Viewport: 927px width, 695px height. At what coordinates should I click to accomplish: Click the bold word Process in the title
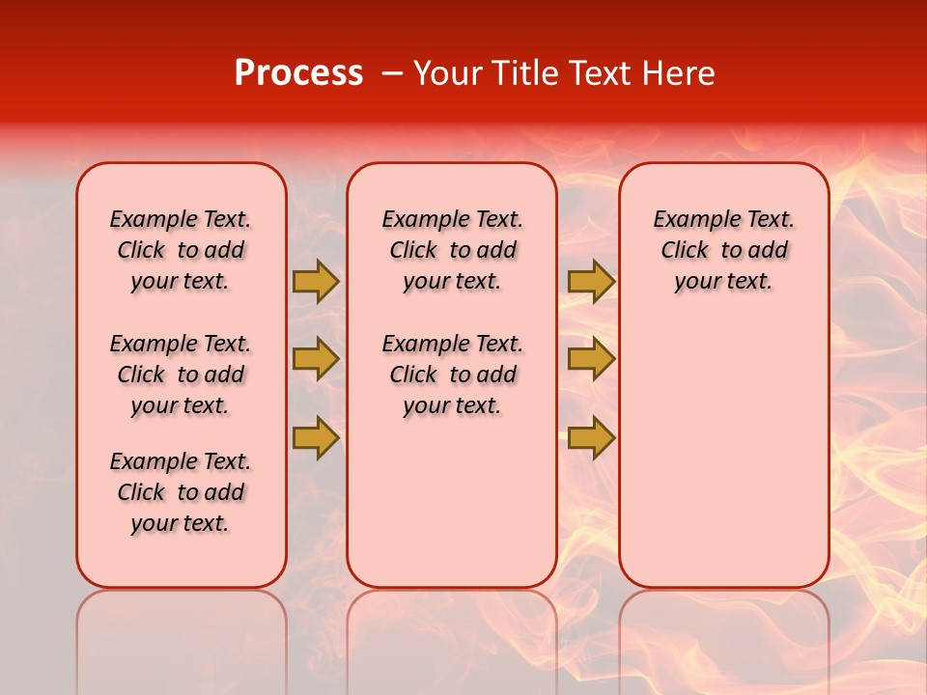(x=298, y=73)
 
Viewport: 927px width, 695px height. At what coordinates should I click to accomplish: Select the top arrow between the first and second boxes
(x=316, y=281)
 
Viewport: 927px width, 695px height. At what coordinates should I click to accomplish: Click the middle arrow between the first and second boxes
(x=316, y=359)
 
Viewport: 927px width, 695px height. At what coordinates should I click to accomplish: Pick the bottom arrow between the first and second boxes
(x=316, y=437)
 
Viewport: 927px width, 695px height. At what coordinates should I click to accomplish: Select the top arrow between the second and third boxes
(x=591, y=281)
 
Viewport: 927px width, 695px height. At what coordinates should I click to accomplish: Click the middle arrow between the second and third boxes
(x=591, y=359)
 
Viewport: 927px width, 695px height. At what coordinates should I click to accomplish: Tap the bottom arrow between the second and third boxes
(x=591, y=437)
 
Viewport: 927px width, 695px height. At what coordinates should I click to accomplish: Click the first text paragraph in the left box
(x=181, y=250)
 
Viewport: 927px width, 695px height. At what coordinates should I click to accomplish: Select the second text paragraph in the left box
(x=181, y=375)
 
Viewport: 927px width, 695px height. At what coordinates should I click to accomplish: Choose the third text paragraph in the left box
(x=181, y=492)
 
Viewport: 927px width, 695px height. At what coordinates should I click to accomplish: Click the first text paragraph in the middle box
(x=452, y=250)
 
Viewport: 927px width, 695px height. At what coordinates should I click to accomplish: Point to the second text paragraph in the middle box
(x=452, y=375)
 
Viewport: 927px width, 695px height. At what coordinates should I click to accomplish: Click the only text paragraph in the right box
(x=723, y=250)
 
